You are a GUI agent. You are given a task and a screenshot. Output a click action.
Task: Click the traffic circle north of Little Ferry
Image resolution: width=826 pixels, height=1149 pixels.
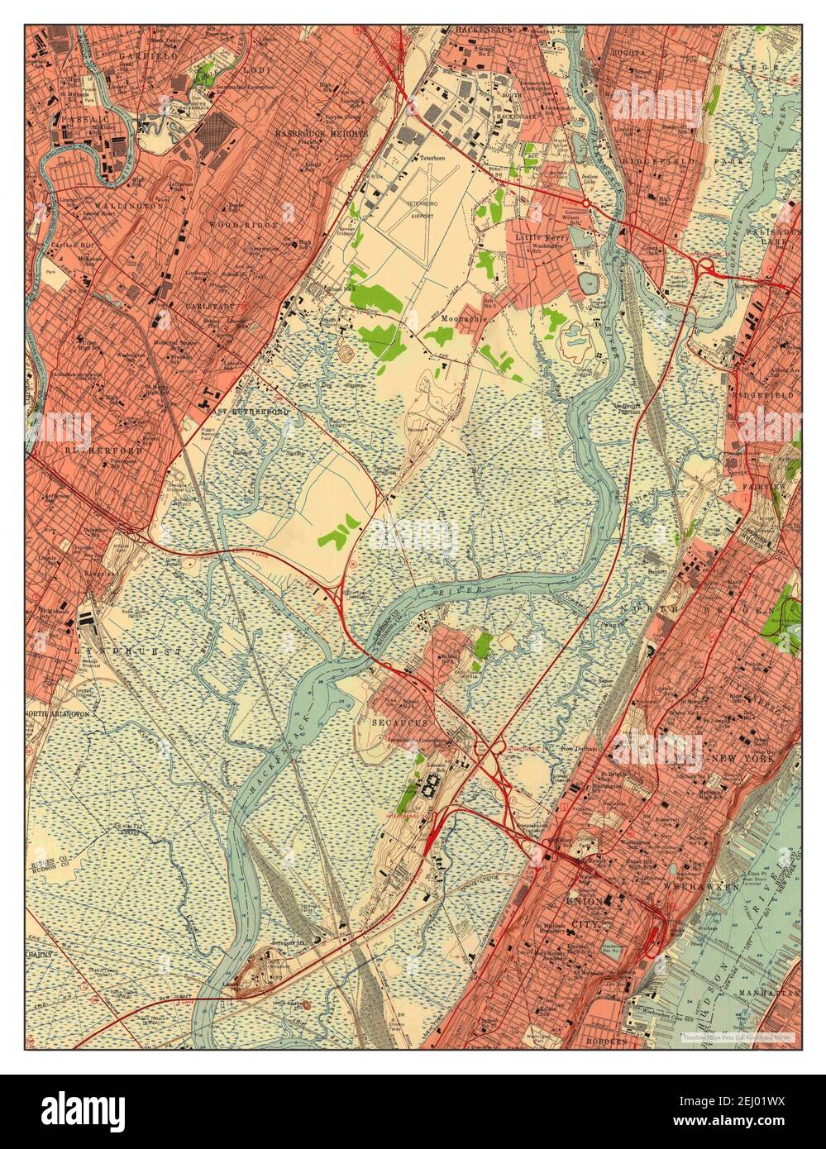(585, 203)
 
